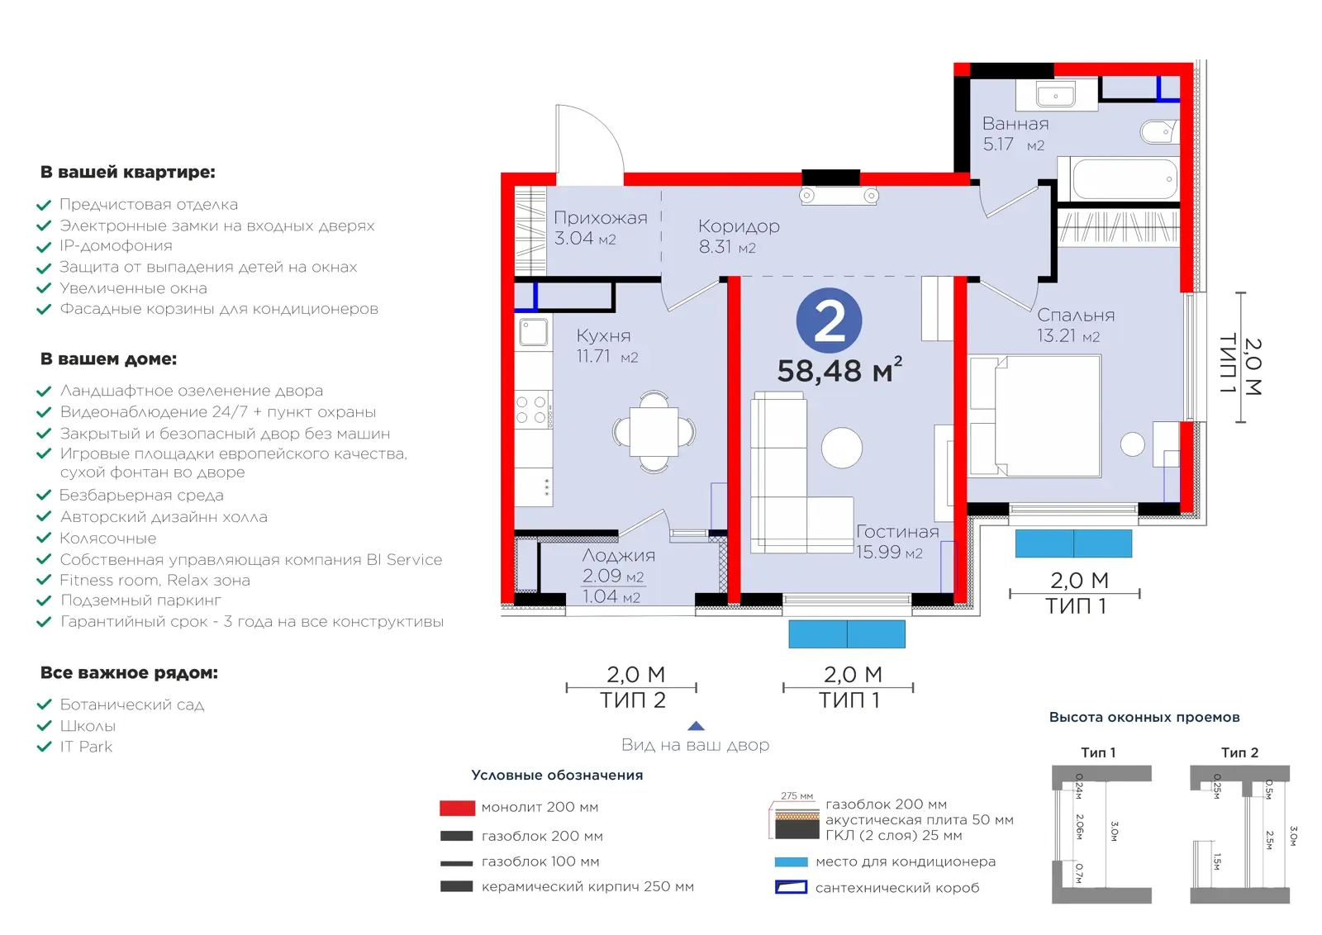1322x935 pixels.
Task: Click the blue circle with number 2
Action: click(829, 321)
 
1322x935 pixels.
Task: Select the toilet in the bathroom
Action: click(1159, 131)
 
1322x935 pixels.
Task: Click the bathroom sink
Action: click(1056, 94)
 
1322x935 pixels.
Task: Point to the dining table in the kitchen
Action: click(654, 432)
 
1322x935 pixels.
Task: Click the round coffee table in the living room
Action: click(842, 448)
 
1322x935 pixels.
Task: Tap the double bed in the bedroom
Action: click(1034, 416)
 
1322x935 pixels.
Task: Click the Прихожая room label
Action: click(600, 218)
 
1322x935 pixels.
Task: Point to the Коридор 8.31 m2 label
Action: click(739, 236)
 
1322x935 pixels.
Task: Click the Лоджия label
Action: click(619, 555)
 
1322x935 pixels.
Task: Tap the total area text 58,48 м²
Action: click(839, 371)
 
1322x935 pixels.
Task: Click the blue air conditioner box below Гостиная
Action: click(847, 634)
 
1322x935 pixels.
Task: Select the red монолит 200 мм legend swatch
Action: click(458, 808)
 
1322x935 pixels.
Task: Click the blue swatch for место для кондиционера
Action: click(791, 861)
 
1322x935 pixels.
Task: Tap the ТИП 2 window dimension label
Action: click(633, 700)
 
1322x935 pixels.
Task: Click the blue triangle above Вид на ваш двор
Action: click(696, 726)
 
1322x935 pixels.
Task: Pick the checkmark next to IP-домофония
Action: click(45, 247)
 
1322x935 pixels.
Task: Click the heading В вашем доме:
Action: click(108, 358)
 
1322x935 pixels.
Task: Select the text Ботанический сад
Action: click(132, 705)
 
